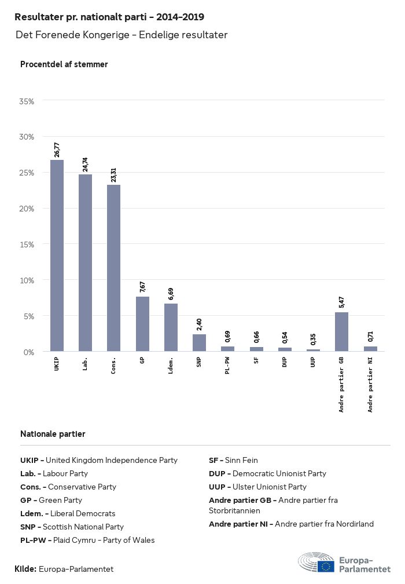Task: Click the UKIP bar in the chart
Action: coord(57,256)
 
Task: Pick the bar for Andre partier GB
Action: coord(342,331)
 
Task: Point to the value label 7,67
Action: coord(142,287)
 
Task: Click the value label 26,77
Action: coord(57,149)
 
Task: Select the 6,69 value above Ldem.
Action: coord(171,294)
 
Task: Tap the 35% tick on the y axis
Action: coord(27,101)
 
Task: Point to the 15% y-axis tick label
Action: coord(27,244)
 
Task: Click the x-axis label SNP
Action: coord(199,363)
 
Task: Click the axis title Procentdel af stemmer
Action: coord(64,64)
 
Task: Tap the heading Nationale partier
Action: coord(53,434)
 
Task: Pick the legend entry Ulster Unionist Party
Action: coord(257,487)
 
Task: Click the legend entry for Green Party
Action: coord(51,501)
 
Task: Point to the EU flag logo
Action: coord(325,566)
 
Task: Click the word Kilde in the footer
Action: coord(25,569)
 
